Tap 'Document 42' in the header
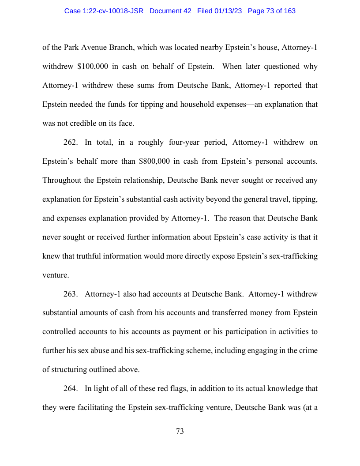pyautogui.click(x=170, y=11)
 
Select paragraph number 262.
pyautogui.click(x=78, y=142)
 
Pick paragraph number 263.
pyautogui.click(x=78, y=294)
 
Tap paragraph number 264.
pyautogui.click(x=78, y=388)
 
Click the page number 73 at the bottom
pyautogui.click(x=180, y=431)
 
